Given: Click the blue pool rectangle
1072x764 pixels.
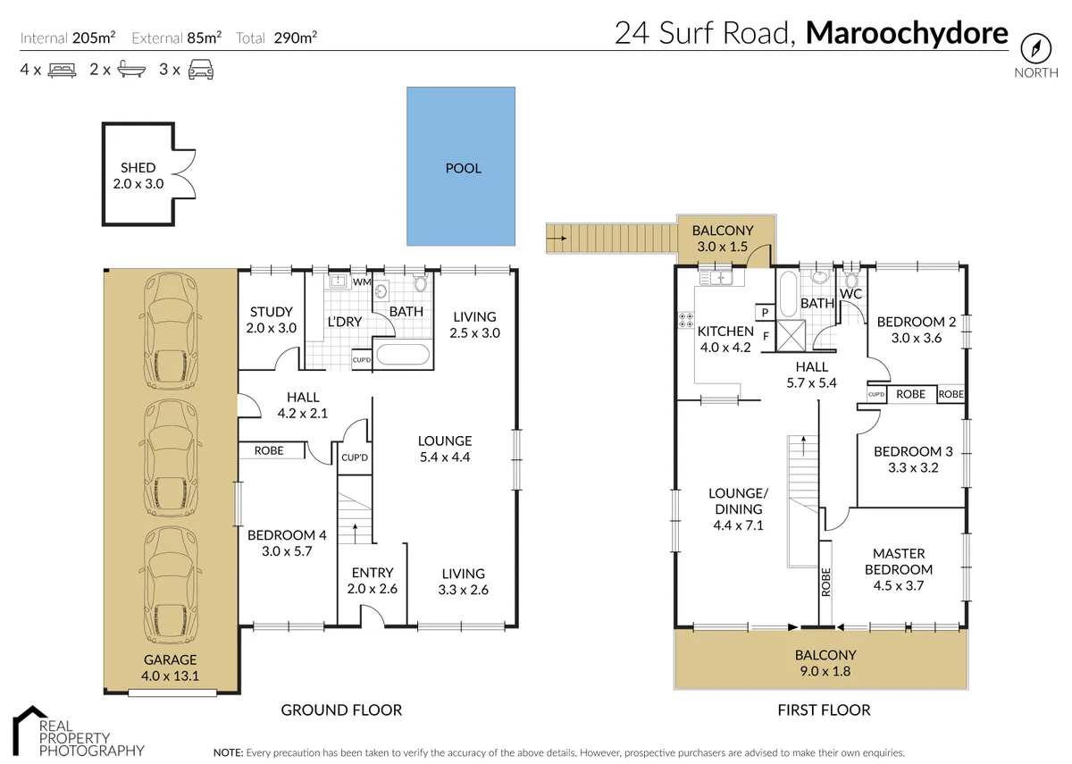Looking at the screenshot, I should tap(461, 166).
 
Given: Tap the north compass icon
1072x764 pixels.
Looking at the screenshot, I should tap(1035, 47).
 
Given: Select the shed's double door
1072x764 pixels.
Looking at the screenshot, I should tap(182, 174).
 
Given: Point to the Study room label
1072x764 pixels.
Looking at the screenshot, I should tap(271, 312).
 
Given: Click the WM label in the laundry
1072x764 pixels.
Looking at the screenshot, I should tap(362, 282).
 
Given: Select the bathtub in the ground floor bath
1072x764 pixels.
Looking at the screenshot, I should tap(404, 355).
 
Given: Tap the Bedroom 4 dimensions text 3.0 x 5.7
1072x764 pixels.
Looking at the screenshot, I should tap(287, 551).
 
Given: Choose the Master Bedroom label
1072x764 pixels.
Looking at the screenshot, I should tap(899, 561).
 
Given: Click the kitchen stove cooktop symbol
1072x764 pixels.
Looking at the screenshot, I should tap(687, 321).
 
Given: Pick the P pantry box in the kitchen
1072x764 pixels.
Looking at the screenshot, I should tap(766, 312).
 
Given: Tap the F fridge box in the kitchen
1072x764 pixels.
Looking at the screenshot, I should tap(766, 336).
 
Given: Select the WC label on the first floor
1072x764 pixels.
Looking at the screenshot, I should tap(850, 293).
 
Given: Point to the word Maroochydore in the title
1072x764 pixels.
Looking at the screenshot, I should tap(906, 34).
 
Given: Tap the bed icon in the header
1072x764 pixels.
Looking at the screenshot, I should tap(62, 69).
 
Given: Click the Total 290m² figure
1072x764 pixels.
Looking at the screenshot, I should tap(277, 38).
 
